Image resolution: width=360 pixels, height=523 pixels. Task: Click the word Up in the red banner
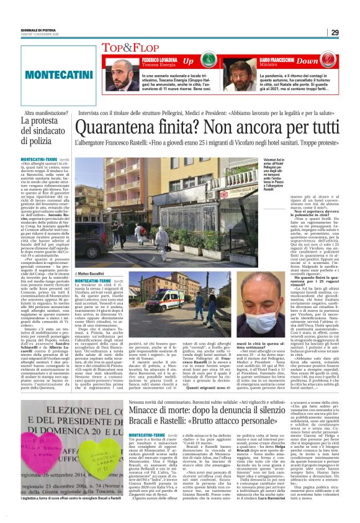click(x=187, y=61)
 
